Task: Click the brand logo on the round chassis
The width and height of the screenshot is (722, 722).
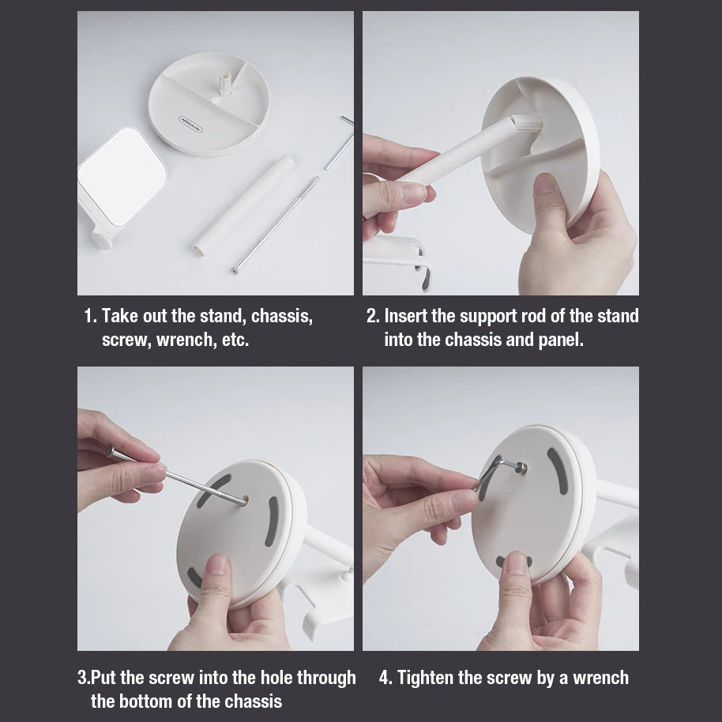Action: click(x=190, y=123)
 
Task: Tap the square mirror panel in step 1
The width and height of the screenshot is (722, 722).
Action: click(x=122, y=177)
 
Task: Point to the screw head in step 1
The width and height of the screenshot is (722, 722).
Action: click(x=235, y=270)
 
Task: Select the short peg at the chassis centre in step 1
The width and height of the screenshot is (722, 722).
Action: click(x=224, y=83)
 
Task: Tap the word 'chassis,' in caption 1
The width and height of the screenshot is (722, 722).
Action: click(x=282, y=316)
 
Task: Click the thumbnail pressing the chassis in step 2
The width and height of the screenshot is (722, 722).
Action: click(x=545, y=183)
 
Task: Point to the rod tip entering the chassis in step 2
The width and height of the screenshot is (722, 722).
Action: click(x=528, y=124)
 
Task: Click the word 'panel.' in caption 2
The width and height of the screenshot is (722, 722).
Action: click(x=561, y=340)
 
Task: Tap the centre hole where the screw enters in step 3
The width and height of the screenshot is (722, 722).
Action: click(x=244, y=501)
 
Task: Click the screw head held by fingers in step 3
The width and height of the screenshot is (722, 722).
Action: click(x=110, y=451)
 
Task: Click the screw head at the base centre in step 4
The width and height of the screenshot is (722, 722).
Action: click(x=521, y=468)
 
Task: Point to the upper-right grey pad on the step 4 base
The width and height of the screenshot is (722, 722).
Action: click(x=558, y=471)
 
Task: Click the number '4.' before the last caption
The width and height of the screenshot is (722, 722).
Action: click(x=385, y=678)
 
